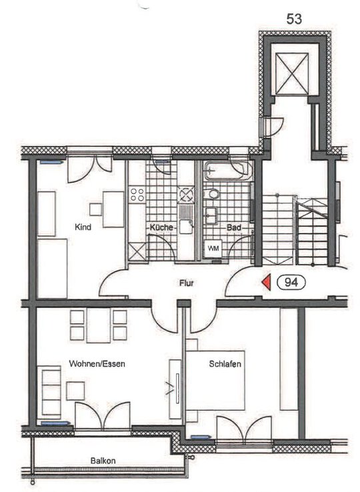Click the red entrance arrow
(x=267, y=282)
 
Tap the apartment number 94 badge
(x=291, y=283)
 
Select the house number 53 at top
(x=294, y=19)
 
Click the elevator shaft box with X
(x=292, y=74)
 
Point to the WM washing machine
(x=213, y=249)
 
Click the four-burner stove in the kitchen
(x=137, y=194)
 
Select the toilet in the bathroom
(x=214, y=194)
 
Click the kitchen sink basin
(x=186, y=227)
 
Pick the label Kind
(x=83, y=227)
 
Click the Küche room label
(x=161, y=227)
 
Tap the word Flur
(x=187, y=283)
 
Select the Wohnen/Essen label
(x=97, y=363)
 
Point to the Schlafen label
(x=225, y=363)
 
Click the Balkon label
(x=103, y=461)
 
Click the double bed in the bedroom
(x=215, y=380)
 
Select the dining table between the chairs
(x=98, y=326)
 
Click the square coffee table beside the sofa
(x=75, y=391)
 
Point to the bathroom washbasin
(x=211, y=215)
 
